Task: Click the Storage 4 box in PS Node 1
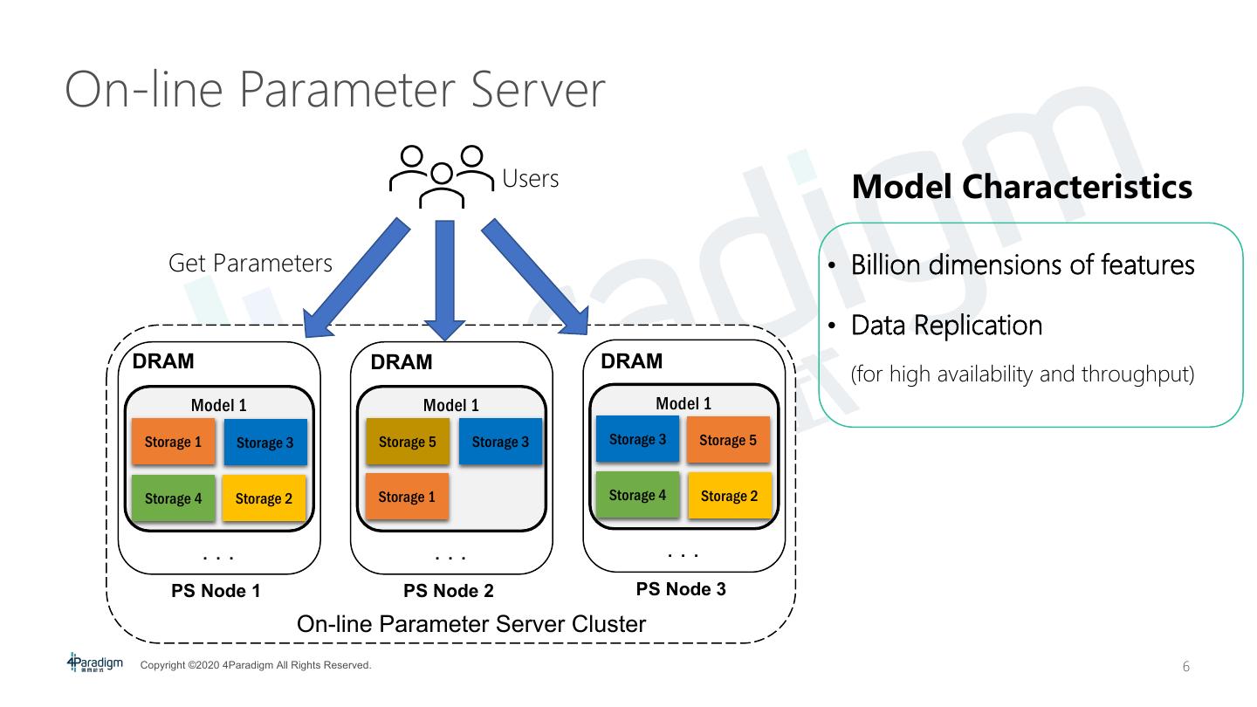173,498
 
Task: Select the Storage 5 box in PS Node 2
407,442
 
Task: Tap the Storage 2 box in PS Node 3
729,496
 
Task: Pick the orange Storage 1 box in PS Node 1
173,442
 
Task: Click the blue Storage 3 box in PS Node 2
500,442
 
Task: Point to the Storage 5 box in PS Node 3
728,440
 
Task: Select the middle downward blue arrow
445,279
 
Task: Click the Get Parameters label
251,263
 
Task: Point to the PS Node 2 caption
449,591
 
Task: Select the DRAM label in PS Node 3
632,360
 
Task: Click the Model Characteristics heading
1021,187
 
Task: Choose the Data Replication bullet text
946,326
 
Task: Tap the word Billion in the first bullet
884,264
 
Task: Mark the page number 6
1185,667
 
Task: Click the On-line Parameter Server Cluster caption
471,624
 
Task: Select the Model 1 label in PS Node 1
218,405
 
